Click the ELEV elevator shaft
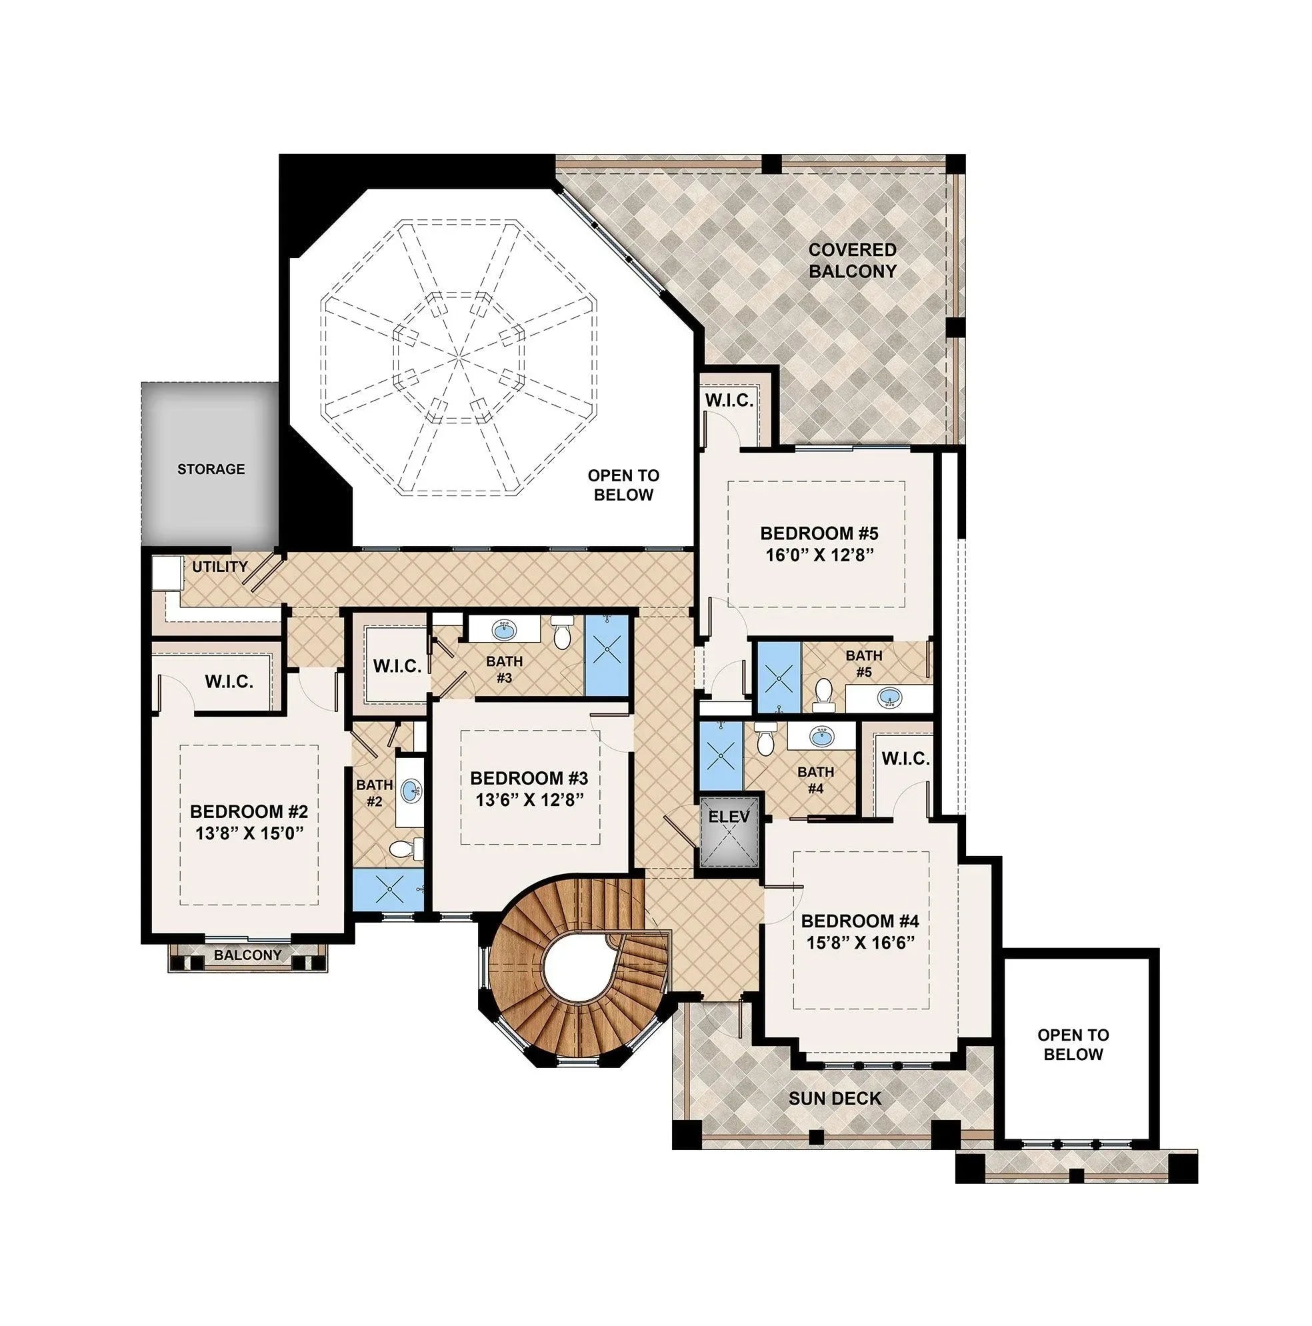click(729, 833)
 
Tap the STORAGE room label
click(211, 469)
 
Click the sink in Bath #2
click(411, 790)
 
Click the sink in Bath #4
click(821, 737)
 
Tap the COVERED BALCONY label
click(852, 260)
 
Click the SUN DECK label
click(835, 1098)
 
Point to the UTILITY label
click(219, 566)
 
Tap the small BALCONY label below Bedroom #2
click(248, 955)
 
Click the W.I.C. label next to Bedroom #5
click(729, 400)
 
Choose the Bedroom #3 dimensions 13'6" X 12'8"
click(529, 799)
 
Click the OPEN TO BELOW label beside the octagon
click(623, 485)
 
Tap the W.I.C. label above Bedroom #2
click(229, 681)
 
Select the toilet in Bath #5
click(822, 694)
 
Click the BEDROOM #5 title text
click(819, 533)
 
